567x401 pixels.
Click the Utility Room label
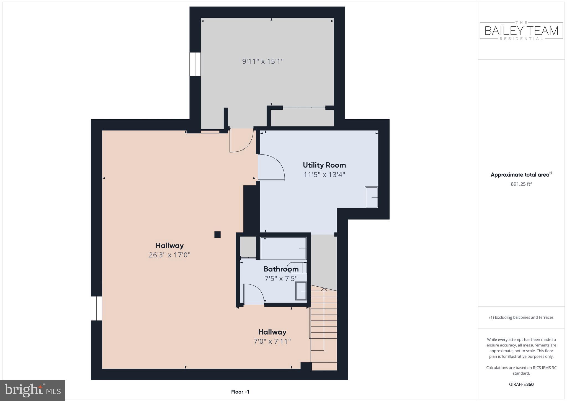pos(324,165)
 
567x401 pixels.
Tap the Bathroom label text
pos(281,269)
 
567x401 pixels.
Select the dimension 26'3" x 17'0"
pos(169,255)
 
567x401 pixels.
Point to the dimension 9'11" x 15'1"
pos(263,61)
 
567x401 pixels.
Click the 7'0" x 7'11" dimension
pos(272,341)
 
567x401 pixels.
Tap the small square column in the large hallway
pos(217,235)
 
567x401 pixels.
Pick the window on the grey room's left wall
pos(195,64)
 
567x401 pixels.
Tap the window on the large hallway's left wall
pos(96,308)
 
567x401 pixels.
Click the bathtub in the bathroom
pos(283,248)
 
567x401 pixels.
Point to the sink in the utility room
pos(371,197)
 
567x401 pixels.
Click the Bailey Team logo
pos(521,31)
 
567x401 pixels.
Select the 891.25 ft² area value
pos(521,184)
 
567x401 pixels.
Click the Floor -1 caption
pos(240,392)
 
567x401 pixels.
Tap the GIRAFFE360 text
pos(521,384)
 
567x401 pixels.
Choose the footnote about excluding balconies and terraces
pos(521,317)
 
